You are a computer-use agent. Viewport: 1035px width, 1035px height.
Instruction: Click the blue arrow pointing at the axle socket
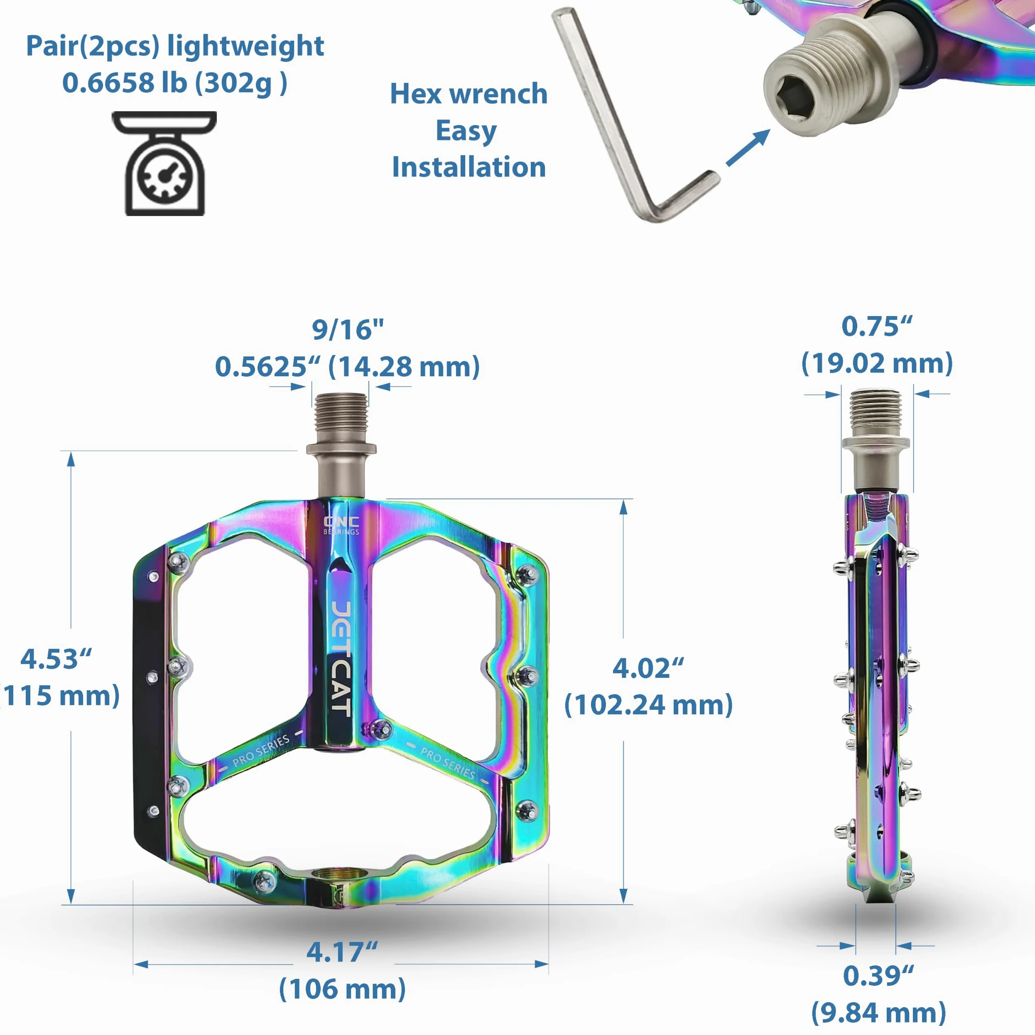[748, 148]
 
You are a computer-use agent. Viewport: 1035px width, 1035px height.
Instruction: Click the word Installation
[469, 167]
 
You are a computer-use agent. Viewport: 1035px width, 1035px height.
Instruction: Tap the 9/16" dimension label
[348, 329]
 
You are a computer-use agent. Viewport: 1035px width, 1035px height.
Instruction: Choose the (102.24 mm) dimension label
[649, 704]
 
